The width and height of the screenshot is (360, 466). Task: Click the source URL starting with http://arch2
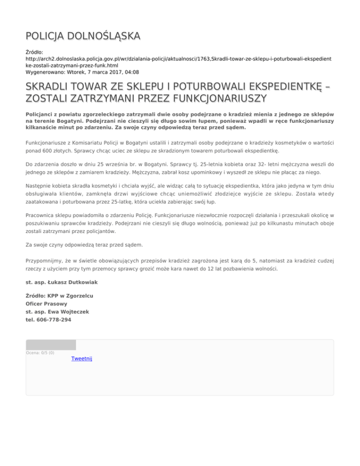pos(178,60)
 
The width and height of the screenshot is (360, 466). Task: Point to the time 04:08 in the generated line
pos(131,72)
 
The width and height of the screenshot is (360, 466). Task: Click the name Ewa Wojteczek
pos(65,312)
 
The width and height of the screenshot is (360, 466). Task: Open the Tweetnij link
pos(82,359)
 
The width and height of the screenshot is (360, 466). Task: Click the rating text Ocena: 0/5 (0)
pos(40,353)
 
